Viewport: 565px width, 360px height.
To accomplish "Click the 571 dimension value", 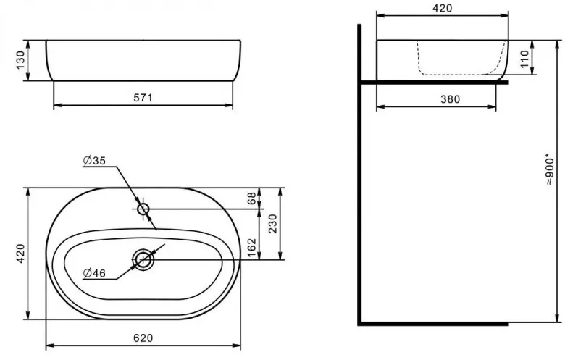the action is (x=143, y=98).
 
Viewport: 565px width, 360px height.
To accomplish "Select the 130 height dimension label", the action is (x=20, y=60).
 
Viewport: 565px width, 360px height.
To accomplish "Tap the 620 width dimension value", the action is (x=143, y=338).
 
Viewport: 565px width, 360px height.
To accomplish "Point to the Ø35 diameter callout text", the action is (x=94, y=160).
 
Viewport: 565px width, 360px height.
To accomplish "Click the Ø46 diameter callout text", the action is (x=94, y=273).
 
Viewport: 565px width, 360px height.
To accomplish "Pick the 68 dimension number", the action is (x=251, y=198).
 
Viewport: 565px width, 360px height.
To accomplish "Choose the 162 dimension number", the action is (x=252, y=248).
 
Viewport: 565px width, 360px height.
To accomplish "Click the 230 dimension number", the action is (x=273, y=223).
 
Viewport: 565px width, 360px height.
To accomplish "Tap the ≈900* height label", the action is (x=549, y=170).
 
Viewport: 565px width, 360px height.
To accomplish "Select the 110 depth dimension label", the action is (x=524, y=59).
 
